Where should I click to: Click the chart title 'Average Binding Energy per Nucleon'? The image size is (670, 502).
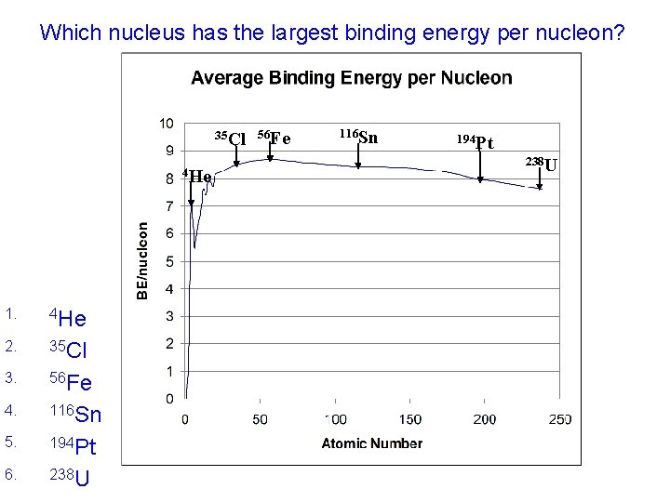tap(351, 78)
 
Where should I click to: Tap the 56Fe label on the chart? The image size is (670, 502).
tap(274, 139)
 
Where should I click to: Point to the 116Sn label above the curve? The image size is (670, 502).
tap(358, 138)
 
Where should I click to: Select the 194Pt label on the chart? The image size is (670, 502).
tap(475, 141)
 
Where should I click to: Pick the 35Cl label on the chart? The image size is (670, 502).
tap(230, 139)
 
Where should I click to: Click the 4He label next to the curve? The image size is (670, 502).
tap(197, 176)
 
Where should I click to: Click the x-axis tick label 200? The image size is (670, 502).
tap(485, 419)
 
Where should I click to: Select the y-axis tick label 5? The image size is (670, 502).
tap(168, 262)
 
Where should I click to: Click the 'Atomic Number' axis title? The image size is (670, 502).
tap(371, 443)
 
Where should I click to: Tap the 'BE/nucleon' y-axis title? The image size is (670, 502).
tap(141, 259)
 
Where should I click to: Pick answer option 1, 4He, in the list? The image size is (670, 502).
tap(68, 318)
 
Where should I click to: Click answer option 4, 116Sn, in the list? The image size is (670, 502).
tap(74, 414)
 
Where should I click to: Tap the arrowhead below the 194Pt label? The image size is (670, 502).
tap(480, 179)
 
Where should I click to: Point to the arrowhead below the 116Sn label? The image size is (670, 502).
tap(358, 166)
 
